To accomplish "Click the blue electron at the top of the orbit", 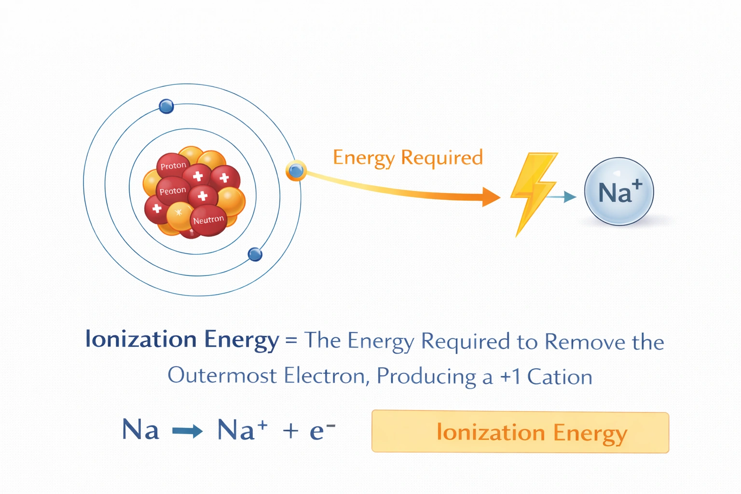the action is point(166,106).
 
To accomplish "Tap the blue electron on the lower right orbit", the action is point(255,254).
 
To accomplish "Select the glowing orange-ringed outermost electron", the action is point(296,170).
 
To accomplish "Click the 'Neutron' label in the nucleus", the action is point(208,220).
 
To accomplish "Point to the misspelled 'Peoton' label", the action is point(173,191).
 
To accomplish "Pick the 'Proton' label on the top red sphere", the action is point(173,166).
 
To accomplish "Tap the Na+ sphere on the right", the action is point(619,192).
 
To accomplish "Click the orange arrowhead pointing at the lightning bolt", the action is point(491,197).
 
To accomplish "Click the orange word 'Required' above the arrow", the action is point(441,158).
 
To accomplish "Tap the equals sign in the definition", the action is point(291,340).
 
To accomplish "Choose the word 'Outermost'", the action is point(222,376).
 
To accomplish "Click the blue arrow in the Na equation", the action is point(187,431).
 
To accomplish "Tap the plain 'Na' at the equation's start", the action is point(140,429).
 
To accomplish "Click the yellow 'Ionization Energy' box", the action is point(520,432).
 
